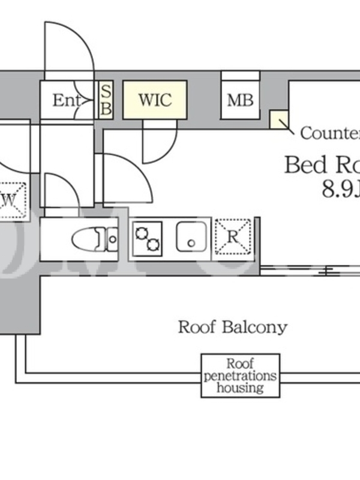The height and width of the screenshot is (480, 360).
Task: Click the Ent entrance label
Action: [x=66, y=100]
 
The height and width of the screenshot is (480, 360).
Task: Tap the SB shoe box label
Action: [x=105, y=100]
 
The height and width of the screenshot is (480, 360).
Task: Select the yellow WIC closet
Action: [x=155, y=100]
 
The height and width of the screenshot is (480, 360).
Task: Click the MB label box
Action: [x=240, y=100]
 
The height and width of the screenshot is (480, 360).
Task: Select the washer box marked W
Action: [x=12, y=199]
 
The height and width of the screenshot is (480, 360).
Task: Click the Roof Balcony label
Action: [x=232, y=327]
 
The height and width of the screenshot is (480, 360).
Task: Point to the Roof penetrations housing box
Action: [x=240, y=376]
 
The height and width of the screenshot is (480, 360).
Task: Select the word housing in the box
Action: [x=240, y=388]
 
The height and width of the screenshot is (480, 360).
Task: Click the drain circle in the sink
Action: [x=191, y=243]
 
